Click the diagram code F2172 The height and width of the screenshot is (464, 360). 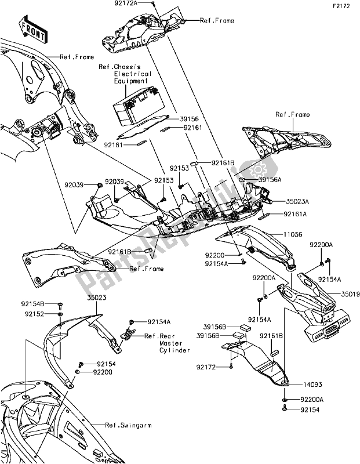341,6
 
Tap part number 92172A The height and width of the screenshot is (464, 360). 126,3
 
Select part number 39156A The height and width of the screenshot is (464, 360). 270,180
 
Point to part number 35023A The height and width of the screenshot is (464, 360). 297,201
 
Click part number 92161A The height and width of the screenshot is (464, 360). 295,214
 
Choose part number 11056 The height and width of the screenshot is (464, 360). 293,235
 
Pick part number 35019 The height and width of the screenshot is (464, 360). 350,294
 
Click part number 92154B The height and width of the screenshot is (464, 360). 33,304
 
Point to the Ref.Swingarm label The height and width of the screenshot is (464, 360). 128,425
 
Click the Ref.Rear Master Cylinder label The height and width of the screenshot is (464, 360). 167,343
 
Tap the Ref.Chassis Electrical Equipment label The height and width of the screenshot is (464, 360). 125,74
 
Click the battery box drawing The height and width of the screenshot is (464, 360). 139,106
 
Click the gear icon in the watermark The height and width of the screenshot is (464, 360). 256,171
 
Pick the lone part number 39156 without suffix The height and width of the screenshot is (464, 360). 189,119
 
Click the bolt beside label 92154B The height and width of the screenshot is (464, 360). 60,304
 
